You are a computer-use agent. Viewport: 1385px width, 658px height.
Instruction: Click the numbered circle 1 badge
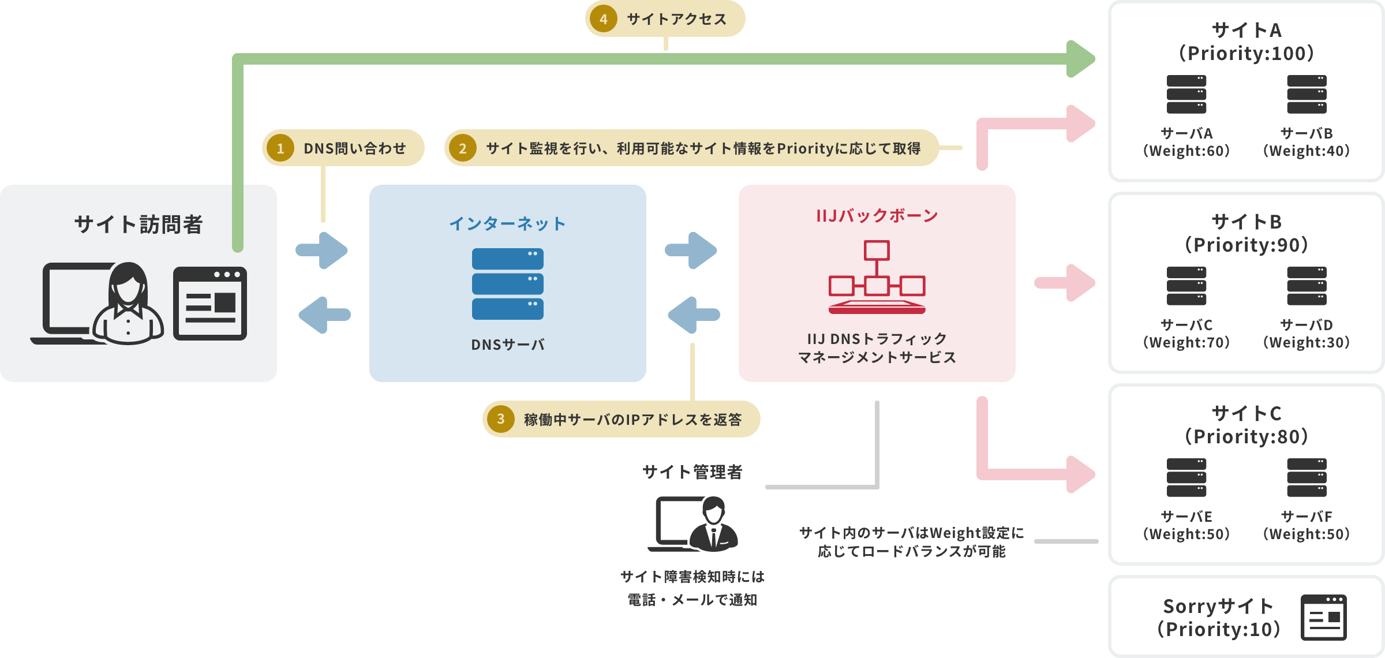(280, 148)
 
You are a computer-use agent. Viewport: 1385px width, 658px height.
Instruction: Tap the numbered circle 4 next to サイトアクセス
(603, 19)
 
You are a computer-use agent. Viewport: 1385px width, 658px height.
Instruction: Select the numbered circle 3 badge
(500, 419)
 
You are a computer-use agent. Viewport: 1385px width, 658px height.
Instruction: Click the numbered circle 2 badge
(462, 148)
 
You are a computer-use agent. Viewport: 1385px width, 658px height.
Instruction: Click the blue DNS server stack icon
(507, 284)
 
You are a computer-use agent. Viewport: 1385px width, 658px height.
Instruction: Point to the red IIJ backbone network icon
(877, 278)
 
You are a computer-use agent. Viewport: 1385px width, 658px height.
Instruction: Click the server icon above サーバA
(1186, 95)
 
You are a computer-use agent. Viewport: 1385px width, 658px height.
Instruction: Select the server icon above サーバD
(1307, 286)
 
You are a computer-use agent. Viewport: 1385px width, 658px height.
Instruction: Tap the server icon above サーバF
(1307, 477)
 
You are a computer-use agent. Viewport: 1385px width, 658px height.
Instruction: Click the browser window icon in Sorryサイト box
(1323, 618)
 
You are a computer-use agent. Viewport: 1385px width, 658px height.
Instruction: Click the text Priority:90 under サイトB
(1246, 245)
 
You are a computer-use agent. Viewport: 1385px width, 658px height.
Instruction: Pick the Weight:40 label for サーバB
(1307, 151)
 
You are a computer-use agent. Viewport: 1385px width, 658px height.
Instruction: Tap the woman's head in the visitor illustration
(128, 283)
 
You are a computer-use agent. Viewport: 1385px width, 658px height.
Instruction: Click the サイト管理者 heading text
(692, 472)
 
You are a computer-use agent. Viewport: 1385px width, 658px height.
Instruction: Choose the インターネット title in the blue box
(507, 223)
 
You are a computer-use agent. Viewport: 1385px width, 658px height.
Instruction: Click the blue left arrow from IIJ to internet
(692, 315)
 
